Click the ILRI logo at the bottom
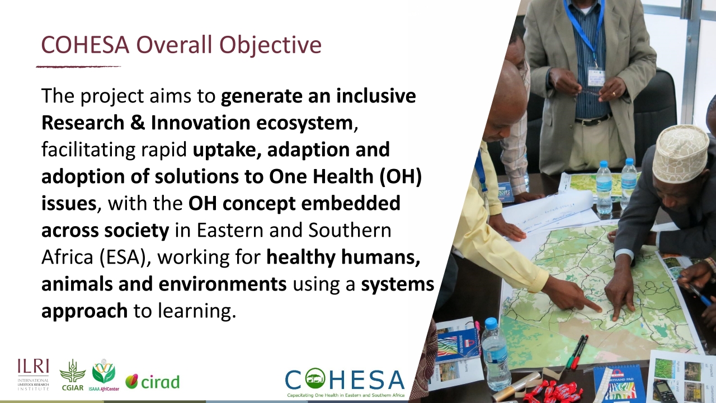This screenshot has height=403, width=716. [33, 374]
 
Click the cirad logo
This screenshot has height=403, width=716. [152, 382]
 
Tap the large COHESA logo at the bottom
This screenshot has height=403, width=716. [344, 382]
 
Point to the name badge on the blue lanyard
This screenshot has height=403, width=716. [596, 77]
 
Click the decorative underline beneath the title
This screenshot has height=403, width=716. [78, 67]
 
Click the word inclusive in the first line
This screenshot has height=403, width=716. [376, 96]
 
